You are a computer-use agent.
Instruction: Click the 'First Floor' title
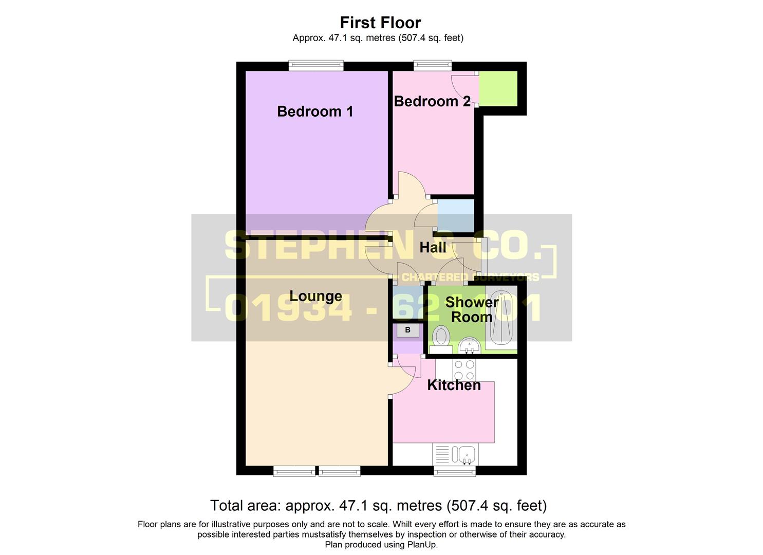[380, 23]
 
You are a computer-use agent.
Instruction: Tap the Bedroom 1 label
[315, 112]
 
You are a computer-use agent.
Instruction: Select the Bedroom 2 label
[432, 101]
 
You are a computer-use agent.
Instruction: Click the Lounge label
[315, 296]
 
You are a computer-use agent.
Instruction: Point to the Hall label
[433, 248]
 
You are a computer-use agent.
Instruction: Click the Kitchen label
[454, 385]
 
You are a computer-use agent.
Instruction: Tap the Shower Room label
[471, 309]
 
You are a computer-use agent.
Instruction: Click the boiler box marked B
[407, 330]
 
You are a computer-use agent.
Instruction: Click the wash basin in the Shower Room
[469, 345]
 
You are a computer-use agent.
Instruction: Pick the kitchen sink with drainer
[456, 455]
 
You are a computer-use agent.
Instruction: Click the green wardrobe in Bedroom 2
[498, 89]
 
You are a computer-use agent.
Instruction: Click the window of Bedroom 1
[315, 65]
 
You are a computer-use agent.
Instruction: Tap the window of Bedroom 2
[433, 65]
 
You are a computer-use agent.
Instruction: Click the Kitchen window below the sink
[455, 471]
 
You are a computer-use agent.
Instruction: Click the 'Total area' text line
[378, 506]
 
